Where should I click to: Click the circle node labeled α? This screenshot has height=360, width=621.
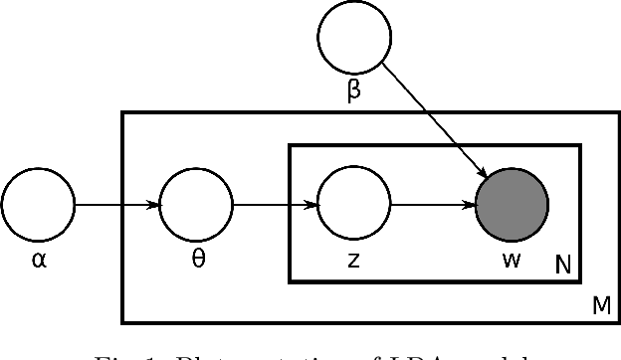(x=38, y=207)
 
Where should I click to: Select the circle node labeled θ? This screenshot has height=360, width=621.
(x=196, y=207)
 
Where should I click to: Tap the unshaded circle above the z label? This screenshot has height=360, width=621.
(x=353, y=207)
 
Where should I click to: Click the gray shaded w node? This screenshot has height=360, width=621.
(x=512, y=207)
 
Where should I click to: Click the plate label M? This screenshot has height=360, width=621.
(x=601, y=306)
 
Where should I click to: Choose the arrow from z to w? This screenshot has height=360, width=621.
(x=432, y=207)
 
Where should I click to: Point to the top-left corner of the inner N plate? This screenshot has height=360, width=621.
(x=290, y=145)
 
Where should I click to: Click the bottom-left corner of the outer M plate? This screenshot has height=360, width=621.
(x=123, y=322)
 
